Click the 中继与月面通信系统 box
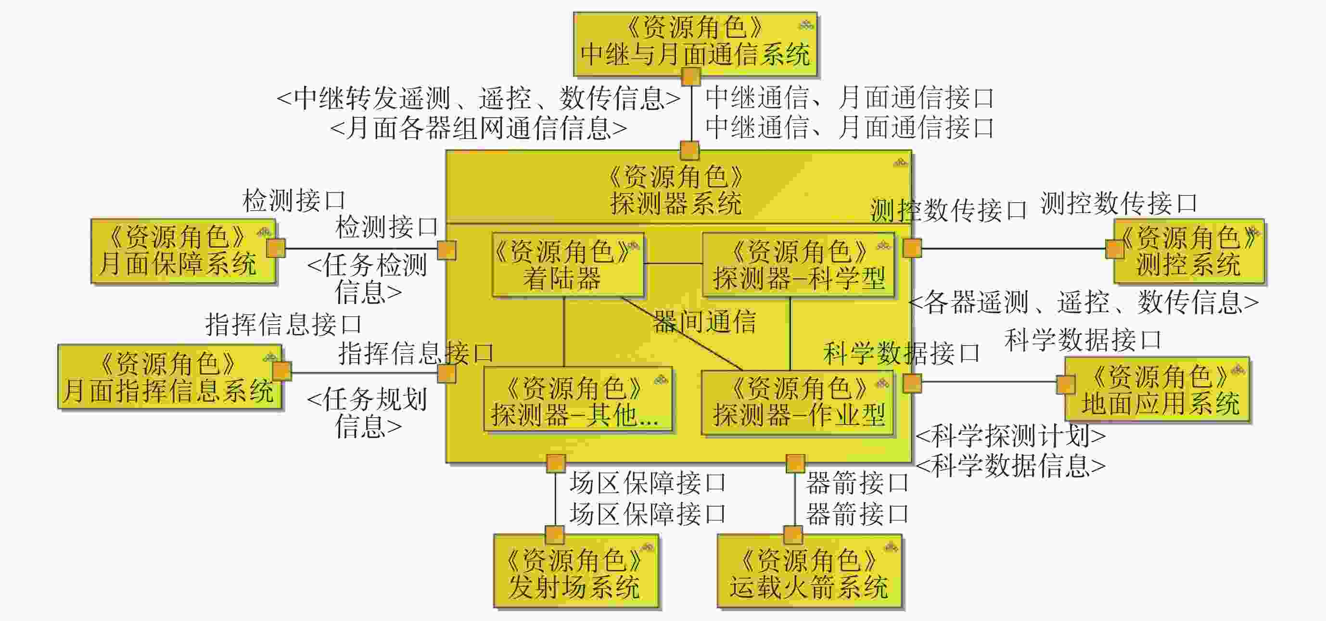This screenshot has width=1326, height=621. pyautogui.click(x=695, y=44)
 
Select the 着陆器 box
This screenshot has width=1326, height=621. pyautogui.click(x=567, y=265)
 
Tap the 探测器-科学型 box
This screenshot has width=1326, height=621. pyautogui.click(x=798, y=265)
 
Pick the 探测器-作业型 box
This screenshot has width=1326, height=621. pyautogui.click(x=798, y=402)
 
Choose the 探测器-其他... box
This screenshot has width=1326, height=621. pyautogui.click(x=577, y=400)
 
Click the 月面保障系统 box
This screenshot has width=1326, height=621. pyautogui.click(x=183, y=251)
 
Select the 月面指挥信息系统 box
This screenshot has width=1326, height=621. pyautogui.click(x=169, y=377)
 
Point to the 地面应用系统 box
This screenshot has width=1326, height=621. pyautogui.click(x=1157, y=390)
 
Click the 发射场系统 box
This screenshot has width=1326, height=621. pyautogui.click(x=575, y=571)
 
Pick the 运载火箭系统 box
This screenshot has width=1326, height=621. pyautogui.click(x=809, y=571)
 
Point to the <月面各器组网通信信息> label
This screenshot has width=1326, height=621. pyautogui.click(x=479, y=128)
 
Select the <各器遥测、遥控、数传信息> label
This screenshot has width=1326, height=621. pyautogui.click(x=1084, y=302)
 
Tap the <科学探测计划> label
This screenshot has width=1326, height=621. pyautogui.click(x=1010, y=436)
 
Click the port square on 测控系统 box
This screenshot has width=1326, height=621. pyautogui.click(x=1115, y=249)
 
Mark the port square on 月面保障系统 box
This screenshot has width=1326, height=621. pyautogui.click(x=276, y=248)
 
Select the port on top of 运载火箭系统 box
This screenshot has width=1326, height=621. pyautogui.click(x=793, y=534)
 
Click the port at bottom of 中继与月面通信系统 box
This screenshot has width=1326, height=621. pyautogui.click(x=690, y=77)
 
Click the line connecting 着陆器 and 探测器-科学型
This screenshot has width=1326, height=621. pyautogui.click(x=673, y=264)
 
